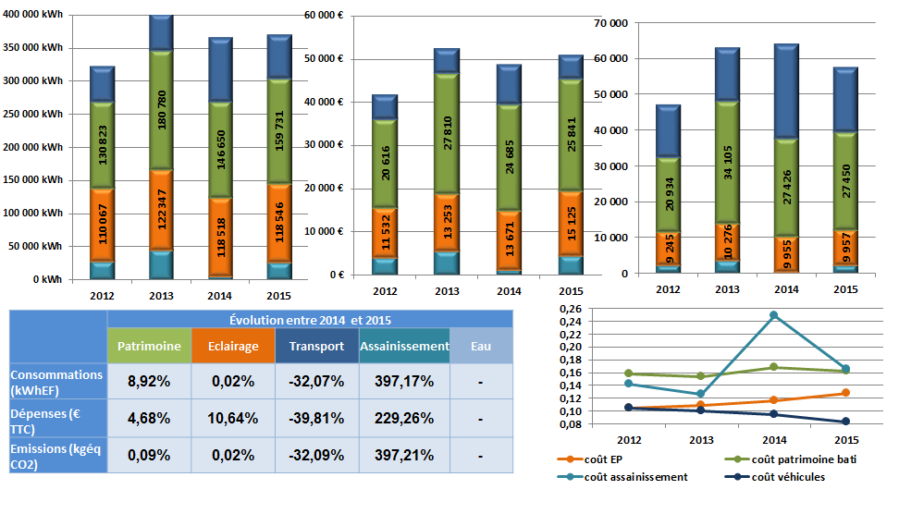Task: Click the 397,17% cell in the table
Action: click(403, 381)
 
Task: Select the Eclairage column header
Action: click(233, 347)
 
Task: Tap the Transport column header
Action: click(315, 347)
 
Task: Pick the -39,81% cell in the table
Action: click(315, 418)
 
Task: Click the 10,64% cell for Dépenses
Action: click(233, 418)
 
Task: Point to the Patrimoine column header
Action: click(150, 347)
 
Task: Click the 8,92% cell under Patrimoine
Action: click(150, 381)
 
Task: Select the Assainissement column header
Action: click(403, 347)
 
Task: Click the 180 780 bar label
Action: click(162, 102)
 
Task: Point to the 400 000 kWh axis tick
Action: click(34, 15)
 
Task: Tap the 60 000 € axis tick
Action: click(324, 15)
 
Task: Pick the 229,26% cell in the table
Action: click(403, 418)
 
